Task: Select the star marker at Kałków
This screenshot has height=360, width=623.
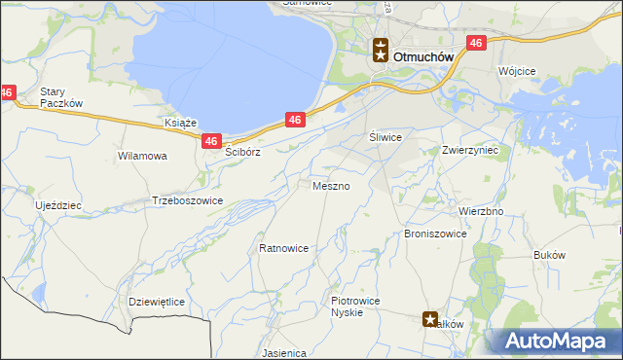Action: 430,318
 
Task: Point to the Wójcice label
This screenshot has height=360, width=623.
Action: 517,72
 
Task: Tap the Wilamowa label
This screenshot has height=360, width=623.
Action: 142,156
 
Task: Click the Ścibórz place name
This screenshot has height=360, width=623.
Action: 243,153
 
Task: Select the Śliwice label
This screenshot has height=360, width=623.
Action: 385,138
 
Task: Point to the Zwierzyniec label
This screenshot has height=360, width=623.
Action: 470,151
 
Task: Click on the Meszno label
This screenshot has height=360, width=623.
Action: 330,185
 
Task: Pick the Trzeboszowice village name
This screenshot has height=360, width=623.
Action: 188,200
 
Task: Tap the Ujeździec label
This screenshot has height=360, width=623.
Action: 58,206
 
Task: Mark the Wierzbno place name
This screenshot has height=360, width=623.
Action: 480,211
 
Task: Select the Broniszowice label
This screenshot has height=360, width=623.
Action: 435,234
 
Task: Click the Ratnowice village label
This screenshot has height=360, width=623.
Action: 284,248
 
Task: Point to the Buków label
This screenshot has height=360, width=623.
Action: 550,254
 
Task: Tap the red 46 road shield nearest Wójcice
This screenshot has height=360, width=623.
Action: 476,43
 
